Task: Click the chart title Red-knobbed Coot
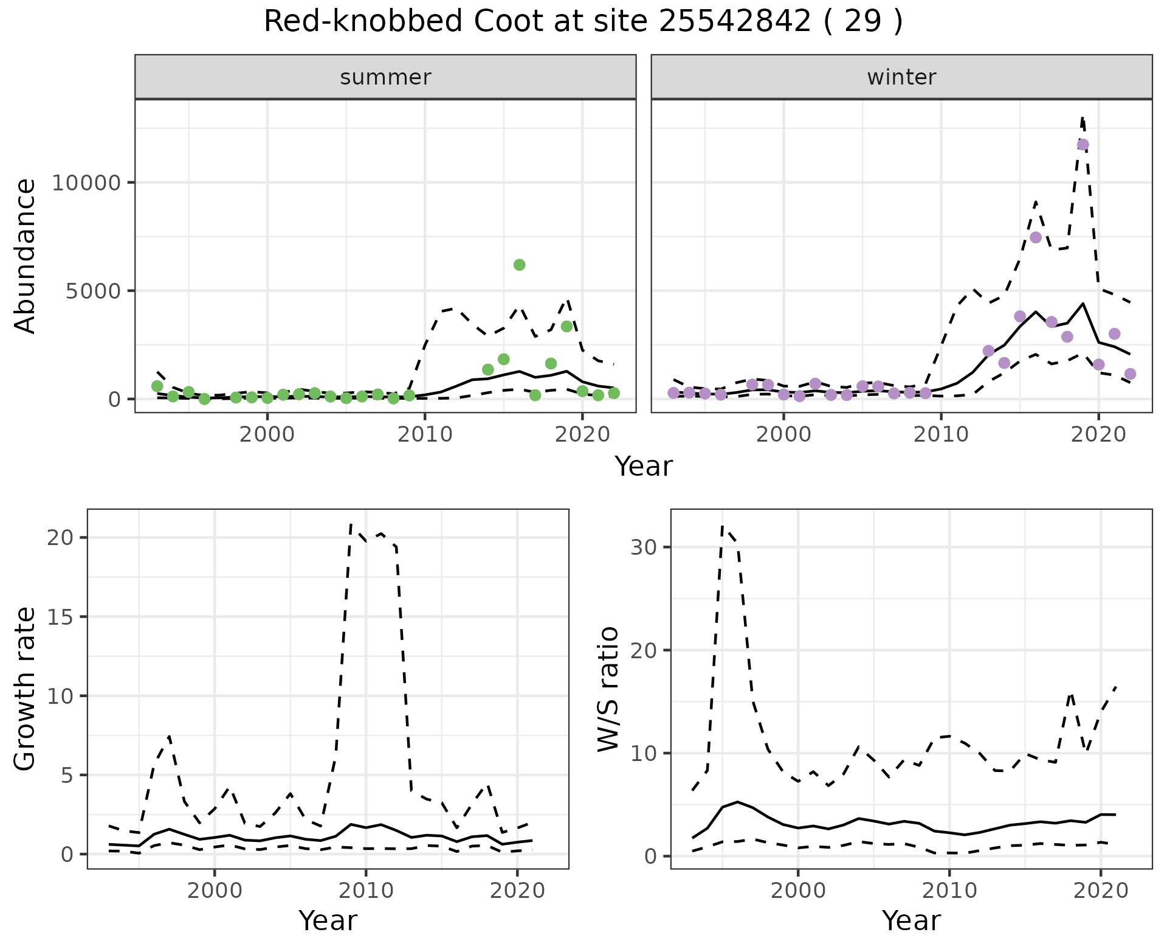pyautogui.click(x=583, y=22)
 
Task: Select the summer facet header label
pyautogui.click(x=385, y=77)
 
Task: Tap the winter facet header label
pyautogui.click(x=901, y=77)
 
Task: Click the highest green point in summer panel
pyautogui.click(x=519, y=265)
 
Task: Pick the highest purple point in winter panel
pyautogui.click(x=1083, y=145)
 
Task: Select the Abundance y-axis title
pyautogui.click(x=26, y=255)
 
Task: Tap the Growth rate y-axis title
pyautogui.click(x=26, y=689)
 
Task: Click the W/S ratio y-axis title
pyautogui.click(x=608, y=689)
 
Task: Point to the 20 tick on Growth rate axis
pyautogui.click(x=61, y=538)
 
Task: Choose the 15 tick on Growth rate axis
pyautogui.click(x=61, y=617)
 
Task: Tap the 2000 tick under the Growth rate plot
pyautogui.click(x=215, y=891)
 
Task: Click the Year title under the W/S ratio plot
pyautogui.click(x=911, y=921)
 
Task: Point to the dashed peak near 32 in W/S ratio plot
pyautogui.click(x=722, y=527)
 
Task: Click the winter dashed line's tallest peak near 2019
pyautogui.click(x=1083, y=118)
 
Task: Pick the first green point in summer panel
pyautogui.click(x=157, y=386)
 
